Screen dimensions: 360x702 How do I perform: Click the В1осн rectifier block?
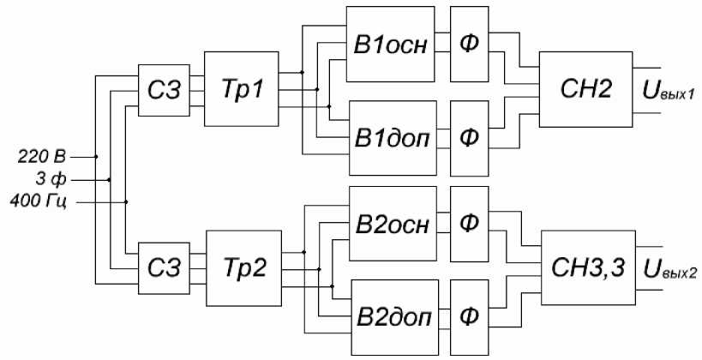tap(391, 44)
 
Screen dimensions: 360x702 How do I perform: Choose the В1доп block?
tap(391, 137)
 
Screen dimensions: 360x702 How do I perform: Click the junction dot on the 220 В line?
tap(96, 157)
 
